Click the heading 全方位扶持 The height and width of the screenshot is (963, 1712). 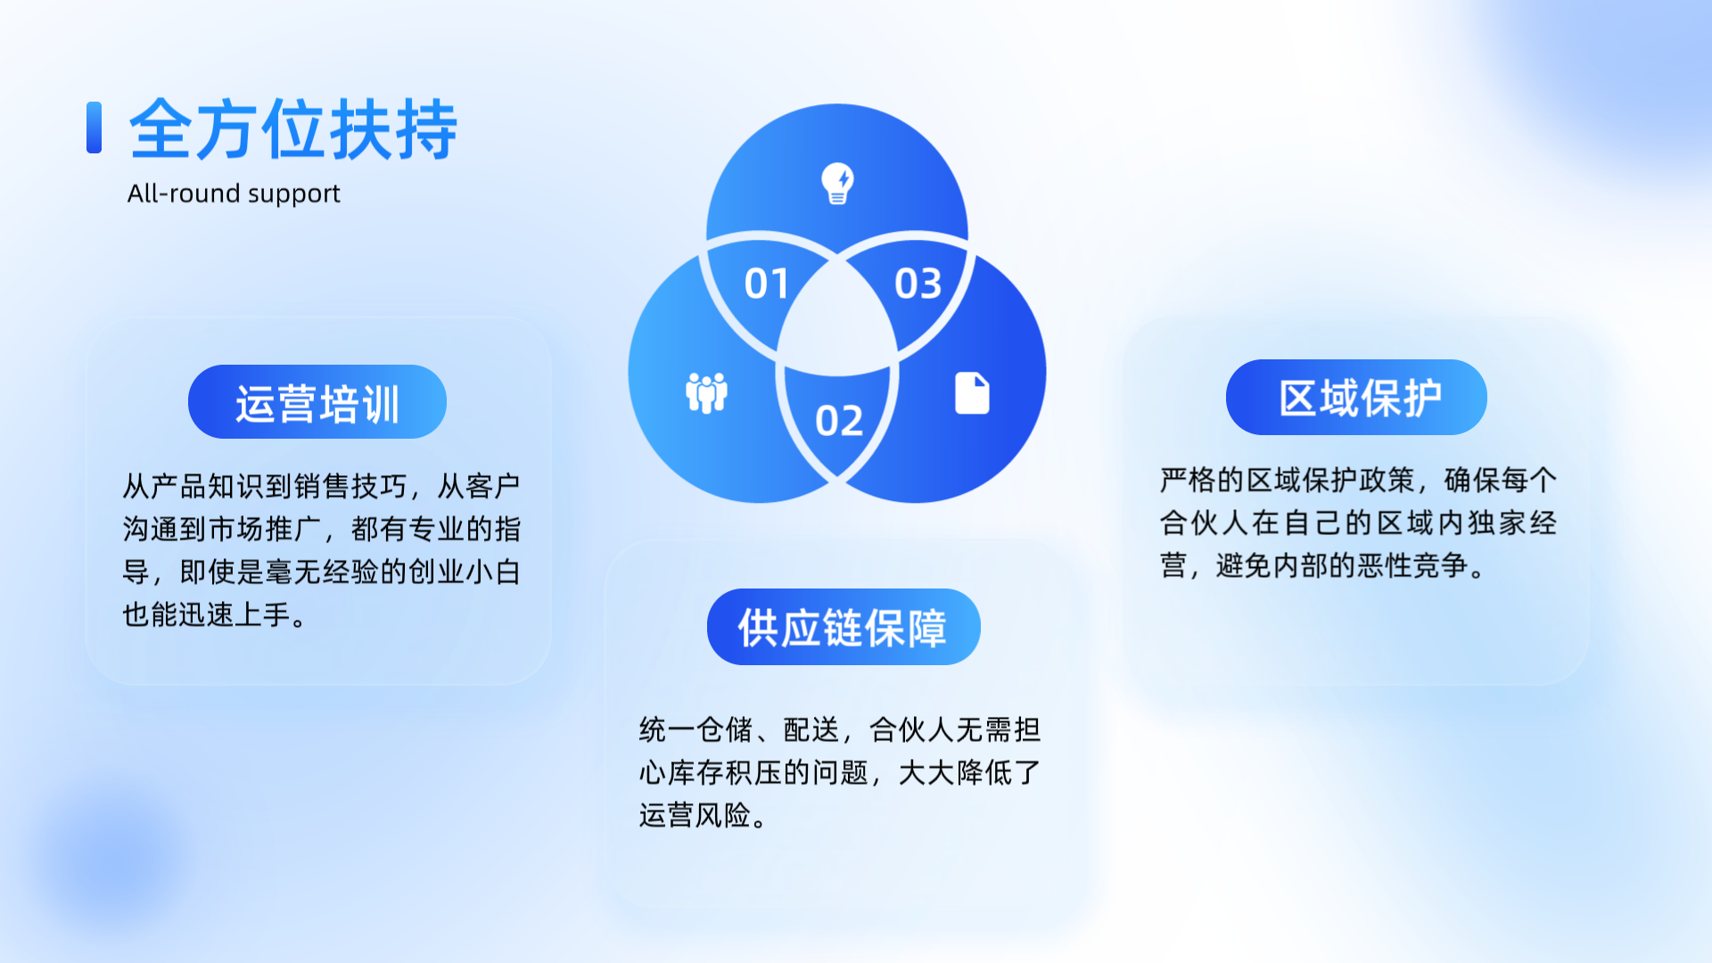[x=293, y=129]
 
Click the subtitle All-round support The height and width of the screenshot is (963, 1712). [x=234, y=193]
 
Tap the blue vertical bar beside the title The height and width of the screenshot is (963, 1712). [x=94, y=128]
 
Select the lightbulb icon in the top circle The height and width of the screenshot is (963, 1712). [x=837, y=184]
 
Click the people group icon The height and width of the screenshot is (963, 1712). [x=706, y=393]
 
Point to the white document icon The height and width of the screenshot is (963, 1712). [x=972, y=393]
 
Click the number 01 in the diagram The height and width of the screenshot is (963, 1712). [x=767, y=284]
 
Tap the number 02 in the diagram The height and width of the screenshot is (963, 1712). [x=839, y=421]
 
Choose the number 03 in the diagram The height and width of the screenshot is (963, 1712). [x=918, y=284]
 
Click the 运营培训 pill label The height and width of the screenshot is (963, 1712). [x=317, y=402]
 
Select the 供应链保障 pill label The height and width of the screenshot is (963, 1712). [x=844, y=627]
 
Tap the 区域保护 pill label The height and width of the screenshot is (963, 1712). [x=1356, y=398]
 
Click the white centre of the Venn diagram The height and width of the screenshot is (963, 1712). [x=837, y=321]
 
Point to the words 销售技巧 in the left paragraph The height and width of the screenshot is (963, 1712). [x=350, y=486]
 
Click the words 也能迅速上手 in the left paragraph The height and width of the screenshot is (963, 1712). [x=207, y=614]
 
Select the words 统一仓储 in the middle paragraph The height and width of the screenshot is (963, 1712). [x=695, y=729]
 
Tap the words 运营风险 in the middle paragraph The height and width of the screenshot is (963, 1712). [x=695, y=815]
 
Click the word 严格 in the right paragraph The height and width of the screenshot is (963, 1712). [x=1188, y=480]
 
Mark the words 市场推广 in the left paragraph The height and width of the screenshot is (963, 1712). [x=265, y=529]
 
